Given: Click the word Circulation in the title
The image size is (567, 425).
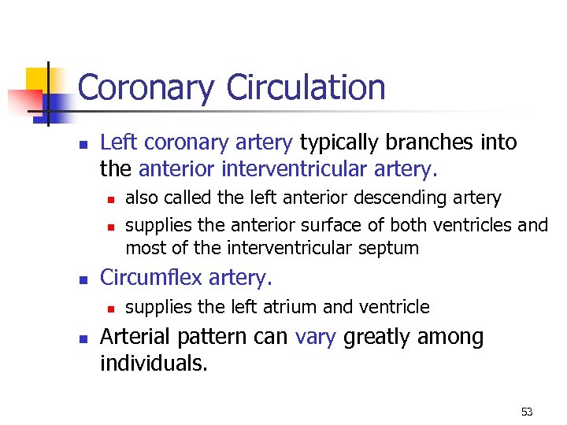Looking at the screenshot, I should pyautogui.click(x=306, y=87).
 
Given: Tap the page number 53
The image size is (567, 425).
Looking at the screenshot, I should pyautogui.click(x=527, y=412).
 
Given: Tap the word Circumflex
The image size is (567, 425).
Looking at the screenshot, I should pyautogui.click(x=150, y=278).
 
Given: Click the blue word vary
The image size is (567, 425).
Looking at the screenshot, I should pyautogui.click(x=316, y=337).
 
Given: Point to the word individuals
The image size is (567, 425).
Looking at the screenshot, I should pyautogui.click(x=154, y=364).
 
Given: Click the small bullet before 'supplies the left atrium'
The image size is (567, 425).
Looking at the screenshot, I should pyautogui.click(x=112, y=308).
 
